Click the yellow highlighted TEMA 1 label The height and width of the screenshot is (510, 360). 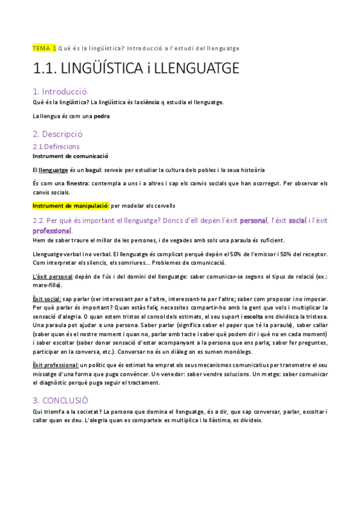44,48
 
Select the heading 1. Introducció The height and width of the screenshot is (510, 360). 60,91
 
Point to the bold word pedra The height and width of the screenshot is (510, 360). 102,116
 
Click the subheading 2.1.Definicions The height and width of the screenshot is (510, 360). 56,146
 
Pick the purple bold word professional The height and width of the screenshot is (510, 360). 52,231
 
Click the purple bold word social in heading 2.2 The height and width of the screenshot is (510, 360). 297,221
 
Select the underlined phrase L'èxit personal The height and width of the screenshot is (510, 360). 52,276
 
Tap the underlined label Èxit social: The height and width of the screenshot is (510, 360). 47,299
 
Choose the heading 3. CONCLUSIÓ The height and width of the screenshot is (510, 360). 61,400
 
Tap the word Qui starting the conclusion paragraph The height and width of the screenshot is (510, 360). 37,411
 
